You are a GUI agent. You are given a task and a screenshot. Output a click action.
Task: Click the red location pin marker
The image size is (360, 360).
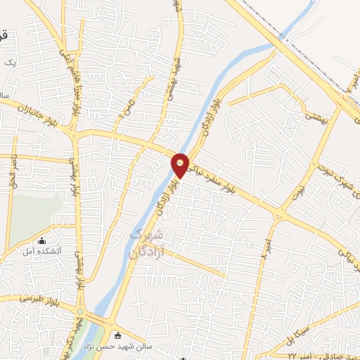tap(181, 165)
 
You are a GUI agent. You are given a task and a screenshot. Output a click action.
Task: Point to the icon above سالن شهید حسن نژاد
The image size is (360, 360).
tap(116, 335)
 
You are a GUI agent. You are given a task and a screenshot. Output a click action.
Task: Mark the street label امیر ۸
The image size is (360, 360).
tap(266, 250)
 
